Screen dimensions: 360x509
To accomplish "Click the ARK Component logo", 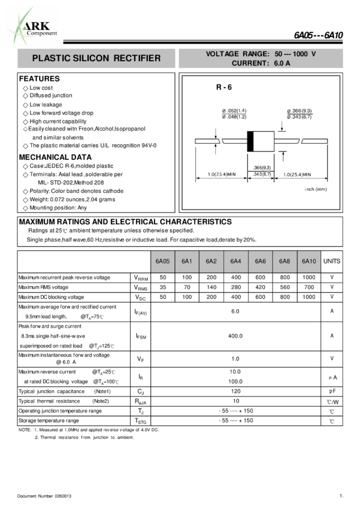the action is pyautogui.click(x=33, y=26).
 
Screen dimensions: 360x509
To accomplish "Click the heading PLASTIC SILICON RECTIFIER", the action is pyautogui.click(x=96, y=59).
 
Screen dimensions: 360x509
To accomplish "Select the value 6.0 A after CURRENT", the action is pyautogui.click(x=282, y=63).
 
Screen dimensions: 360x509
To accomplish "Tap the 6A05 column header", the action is pyautogui.click(x=162, y=262).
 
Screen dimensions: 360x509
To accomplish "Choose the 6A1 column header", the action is pyautogui.click(x=187, y=262).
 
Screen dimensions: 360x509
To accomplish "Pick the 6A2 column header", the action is pyautogui.click(x=211, y=262).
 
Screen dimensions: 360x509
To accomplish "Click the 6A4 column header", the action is pyautogui.click(x=235, y=262).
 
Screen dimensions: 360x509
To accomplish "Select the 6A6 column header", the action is pyautogui.click(x=260, y=262).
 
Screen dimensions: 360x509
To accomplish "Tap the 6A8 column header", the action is pyautogui.click(x=285, y=262).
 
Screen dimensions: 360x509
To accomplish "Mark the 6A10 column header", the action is pyautogui.click(x=308, y=262).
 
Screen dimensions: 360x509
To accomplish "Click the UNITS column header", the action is pyautogui.click(x=332, y=262).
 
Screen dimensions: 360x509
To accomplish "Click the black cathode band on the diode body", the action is pyautogui.click(x=251, y=141).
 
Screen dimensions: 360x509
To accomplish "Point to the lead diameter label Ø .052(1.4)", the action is pyautogui.click(x=234, y=111).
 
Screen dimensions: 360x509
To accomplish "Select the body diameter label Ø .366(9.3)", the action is pyautogui.click(x=300, y=111).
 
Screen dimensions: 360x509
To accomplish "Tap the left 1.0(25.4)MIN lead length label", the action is pyautogui.click(x=222, y=174).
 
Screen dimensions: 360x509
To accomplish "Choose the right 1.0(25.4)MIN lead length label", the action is pyautogui.click(x=297, y=174).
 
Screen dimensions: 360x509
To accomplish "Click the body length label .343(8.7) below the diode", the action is pyautogui.click(x=262, y=174).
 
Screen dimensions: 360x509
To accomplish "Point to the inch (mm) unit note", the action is pyautogui.click(x=316, y=189).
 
